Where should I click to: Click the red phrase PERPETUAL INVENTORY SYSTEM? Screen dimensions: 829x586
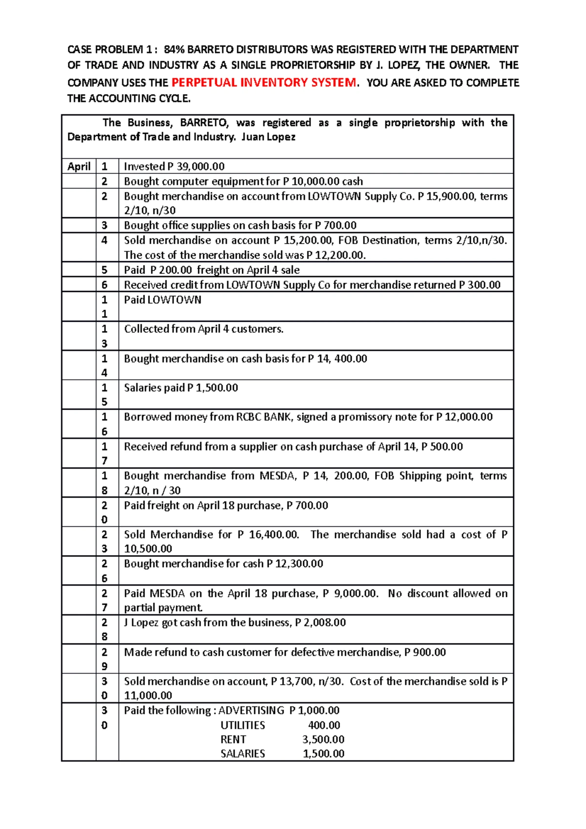point(264,82)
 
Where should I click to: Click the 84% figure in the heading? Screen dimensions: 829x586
point(174,49)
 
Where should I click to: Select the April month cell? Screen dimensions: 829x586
point(79,166)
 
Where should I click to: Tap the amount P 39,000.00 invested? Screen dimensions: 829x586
point(196,166)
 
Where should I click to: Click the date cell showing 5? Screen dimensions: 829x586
point(104,270)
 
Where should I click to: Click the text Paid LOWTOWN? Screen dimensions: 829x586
point(162,300)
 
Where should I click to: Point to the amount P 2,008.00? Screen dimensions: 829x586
point(320,622)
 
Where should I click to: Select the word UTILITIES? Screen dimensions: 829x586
point(243,725)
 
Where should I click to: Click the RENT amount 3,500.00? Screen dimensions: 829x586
point(323,739)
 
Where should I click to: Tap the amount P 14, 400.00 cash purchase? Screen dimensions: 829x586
point(337,359)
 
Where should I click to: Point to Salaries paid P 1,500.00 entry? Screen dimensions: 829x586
point(181,388)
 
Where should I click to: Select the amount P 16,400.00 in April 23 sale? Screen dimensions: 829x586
point(268,535)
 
